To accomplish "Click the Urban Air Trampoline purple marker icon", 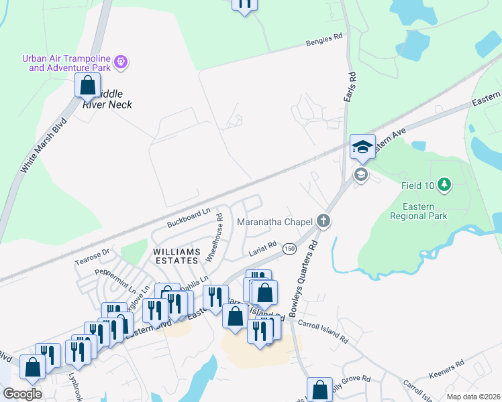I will tap(121, 62).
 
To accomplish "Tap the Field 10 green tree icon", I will tap(443, 184).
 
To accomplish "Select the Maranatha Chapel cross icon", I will tap(323, 221).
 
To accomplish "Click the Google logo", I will tap(21, 393).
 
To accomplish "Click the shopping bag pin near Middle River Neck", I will tap(87, 86).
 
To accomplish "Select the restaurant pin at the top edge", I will tap(245, 4).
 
